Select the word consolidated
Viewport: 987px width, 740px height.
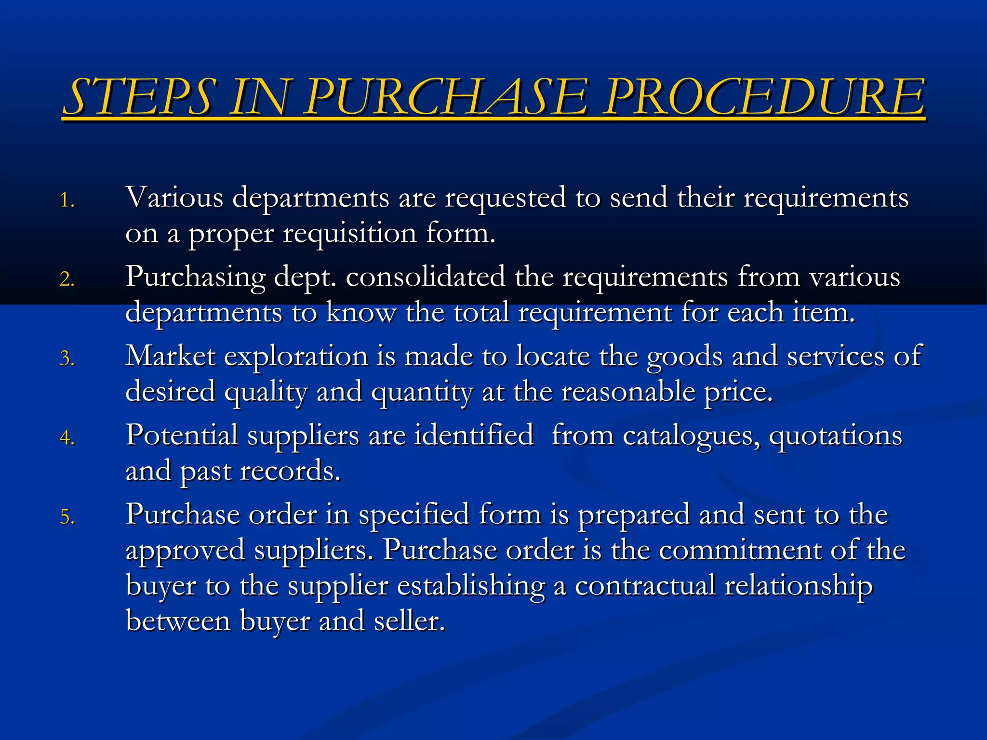coord(425,277)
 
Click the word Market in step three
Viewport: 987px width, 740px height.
coord(171,357)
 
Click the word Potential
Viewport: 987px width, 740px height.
coord(182,436)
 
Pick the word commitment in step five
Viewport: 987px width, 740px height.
coord(740,550)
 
